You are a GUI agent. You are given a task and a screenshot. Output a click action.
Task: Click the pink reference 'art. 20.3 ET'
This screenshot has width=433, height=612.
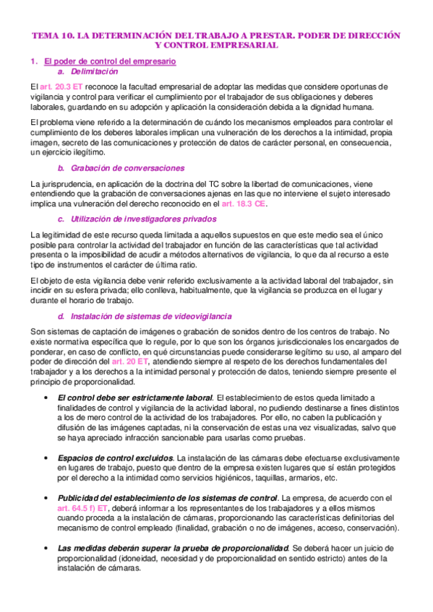pos(64,87)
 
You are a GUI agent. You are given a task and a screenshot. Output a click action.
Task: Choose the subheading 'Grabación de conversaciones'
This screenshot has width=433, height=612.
pos(119,167)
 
